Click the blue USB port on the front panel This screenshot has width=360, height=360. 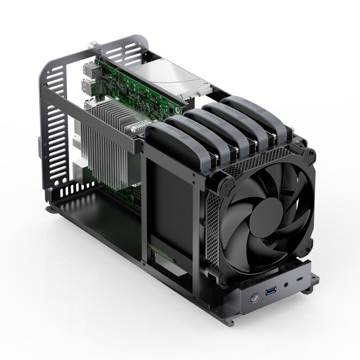click(x=271, y=291)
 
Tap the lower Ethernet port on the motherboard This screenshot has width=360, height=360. click(x=86, y=87)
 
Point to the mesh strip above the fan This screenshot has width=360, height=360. click(x=257, y=163)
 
